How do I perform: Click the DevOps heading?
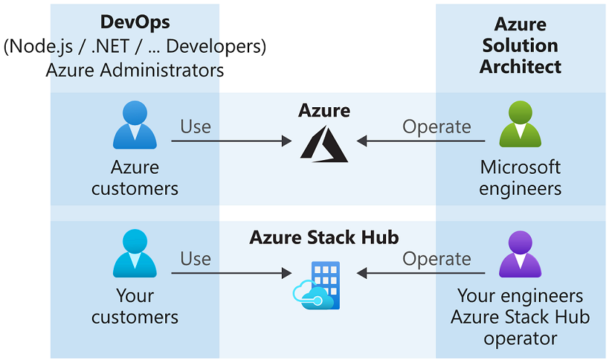coord(135,23)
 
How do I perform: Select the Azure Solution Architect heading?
coord(520,46)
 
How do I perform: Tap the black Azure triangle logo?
coord(324,142)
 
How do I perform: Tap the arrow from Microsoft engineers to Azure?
coord(421,142)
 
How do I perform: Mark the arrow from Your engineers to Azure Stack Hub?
coord(421,274)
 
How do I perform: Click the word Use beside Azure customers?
coord(196,127)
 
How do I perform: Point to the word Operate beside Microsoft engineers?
coord(437,127)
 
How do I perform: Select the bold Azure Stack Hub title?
coord(324,238)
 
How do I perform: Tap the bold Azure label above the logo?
coord(324,111)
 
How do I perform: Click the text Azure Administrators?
coord(135,70)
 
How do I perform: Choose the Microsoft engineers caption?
coord(520,178)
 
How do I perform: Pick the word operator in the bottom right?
coord(520,338)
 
